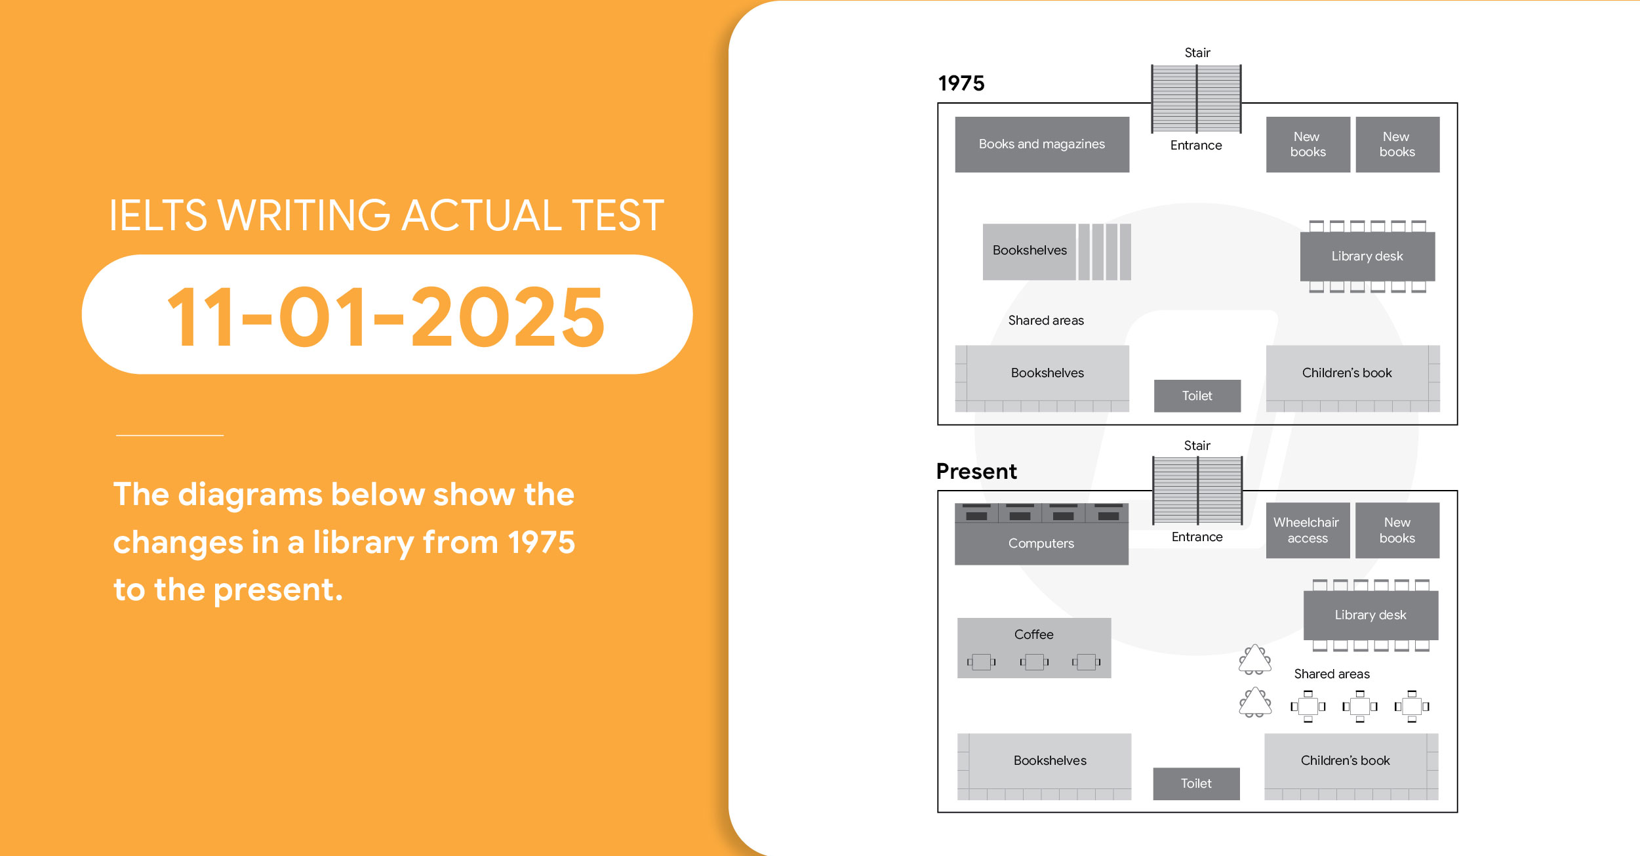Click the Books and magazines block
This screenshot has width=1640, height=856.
[1042, 144]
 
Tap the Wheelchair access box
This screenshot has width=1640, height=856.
[1308, 530]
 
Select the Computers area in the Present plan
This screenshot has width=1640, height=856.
[1041, 534]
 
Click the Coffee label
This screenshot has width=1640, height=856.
[1033, 634]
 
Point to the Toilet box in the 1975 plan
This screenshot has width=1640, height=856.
[1197, 396]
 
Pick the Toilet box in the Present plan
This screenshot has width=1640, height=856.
[1196, 783]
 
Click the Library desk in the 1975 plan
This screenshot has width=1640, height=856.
[1367, 256]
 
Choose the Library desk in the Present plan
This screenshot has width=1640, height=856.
[1370, 615]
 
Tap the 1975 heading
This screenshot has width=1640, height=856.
[961, 83]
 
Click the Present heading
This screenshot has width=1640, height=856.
[976, 471]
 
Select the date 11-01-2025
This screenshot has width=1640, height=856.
[386, 317]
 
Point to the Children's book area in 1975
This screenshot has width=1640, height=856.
[1353, 378]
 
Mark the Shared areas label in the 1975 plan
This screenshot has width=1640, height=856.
[1046, 320]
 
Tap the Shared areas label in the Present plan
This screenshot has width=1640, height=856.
[1332, 674]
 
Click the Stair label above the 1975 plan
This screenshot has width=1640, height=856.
[1197, 52]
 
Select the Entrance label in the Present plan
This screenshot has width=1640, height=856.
[1197, 537]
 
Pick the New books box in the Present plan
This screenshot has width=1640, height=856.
[1397, 530]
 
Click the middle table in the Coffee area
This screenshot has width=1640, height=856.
[1034, 662]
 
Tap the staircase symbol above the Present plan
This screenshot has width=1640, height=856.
[1197, 491]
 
